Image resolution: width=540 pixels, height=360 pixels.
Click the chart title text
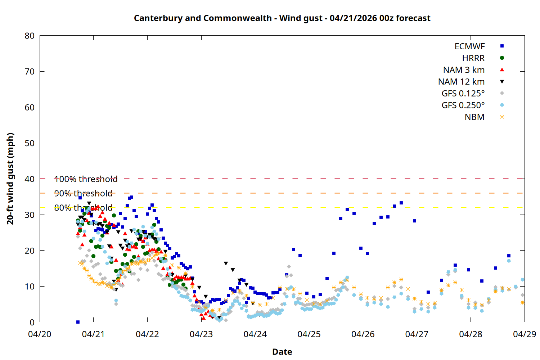pos(282,18)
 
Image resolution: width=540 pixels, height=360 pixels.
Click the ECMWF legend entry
pos(469,46)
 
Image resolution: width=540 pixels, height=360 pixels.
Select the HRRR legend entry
pos(473,58)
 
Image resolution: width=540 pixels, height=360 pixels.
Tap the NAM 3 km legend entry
pos(464,70)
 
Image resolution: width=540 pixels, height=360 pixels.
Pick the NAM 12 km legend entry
pos(461,82)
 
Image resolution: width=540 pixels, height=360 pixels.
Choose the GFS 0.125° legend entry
pos(463,94)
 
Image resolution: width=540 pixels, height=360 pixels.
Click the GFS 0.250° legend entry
pos(463,105)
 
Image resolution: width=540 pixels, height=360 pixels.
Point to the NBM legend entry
pos(474,117)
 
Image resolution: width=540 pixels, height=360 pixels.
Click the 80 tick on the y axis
pos(30,36)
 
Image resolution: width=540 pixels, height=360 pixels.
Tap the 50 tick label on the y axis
pos(30,143)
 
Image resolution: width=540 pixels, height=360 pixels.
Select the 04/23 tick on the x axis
pos(201,334)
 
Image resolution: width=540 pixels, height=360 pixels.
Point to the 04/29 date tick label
pos(524,334)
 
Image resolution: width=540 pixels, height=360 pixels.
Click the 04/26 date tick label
pos(363,334)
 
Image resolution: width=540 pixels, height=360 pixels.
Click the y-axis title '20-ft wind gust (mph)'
pos(10,179)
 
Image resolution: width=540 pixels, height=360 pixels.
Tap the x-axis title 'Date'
pos(282,352)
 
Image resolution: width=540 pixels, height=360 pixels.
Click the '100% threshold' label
pos(86,179)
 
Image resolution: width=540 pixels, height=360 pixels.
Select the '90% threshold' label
pos(83,193)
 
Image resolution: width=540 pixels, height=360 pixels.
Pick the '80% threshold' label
pos(83,208)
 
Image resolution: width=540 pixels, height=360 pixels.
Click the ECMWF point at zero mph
pos(78,322)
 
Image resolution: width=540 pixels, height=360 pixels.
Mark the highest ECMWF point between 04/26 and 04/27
pos(401,203)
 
